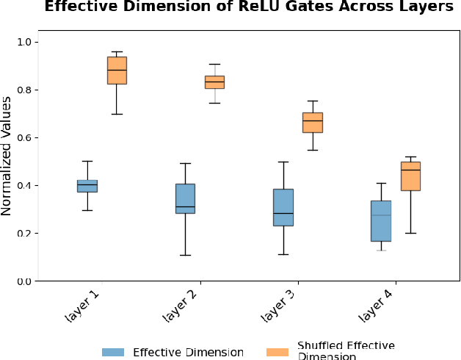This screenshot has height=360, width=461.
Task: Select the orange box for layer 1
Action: [117, 71]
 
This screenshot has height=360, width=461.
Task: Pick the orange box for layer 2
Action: [214, 82]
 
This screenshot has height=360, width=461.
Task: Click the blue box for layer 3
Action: [283, 207]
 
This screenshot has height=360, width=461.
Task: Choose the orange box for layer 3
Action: [313, 122]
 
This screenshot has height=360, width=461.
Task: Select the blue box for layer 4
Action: [381, 220]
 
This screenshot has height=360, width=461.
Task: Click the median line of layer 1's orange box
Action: [117, 70]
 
